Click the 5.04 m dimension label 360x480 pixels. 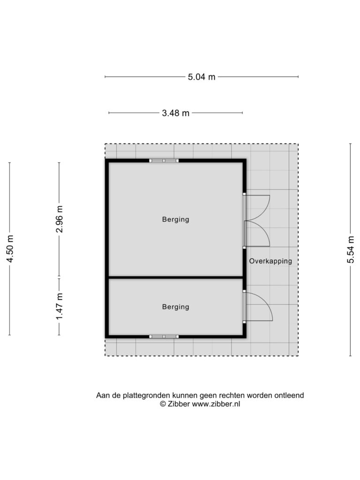point(202,77)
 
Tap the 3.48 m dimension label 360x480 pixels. point(175,113)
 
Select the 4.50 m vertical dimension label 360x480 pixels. point(10,249)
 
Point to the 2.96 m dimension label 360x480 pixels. point(60,219)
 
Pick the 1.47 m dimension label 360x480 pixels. point(60,307)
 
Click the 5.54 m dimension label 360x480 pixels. point(351,249)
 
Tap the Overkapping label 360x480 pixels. point(270,261)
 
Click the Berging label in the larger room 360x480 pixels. point(175,219)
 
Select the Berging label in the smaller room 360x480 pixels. point(175,307)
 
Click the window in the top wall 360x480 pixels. point(164,160)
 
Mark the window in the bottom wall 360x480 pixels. point(164,337)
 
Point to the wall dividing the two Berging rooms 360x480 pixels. point(176,277)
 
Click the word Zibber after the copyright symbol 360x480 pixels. point(179,404)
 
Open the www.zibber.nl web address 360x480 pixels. point(216,404)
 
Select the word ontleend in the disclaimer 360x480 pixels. point(289,395)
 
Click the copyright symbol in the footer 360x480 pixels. point(163,404)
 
